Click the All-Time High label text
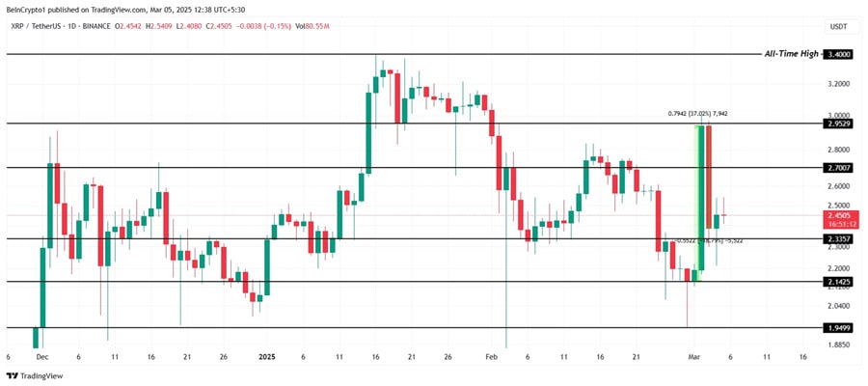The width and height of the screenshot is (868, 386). (792, 54)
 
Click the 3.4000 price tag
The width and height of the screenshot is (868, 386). (839, 55)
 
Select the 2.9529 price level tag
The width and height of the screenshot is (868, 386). (839, 124)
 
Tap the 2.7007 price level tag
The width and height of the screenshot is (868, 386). (839, 168)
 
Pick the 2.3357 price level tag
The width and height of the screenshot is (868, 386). (839, 238)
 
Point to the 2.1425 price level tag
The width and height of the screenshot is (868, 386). (839, 282)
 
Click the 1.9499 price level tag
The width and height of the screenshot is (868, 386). (839, 328)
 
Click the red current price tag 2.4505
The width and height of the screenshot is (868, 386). (839, 217)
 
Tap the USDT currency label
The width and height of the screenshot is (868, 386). (838, 27)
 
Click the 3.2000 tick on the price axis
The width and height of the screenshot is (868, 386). (839, 84)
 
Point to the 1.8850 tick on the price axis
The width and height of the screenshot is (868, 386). (839, 345)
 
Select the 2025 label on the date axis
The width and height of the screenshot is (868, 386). (267, 356)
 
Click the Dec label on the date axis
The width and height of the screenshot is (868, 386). (41, 356)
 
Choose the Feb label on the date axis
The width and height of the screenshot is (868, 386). (492, 356)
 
